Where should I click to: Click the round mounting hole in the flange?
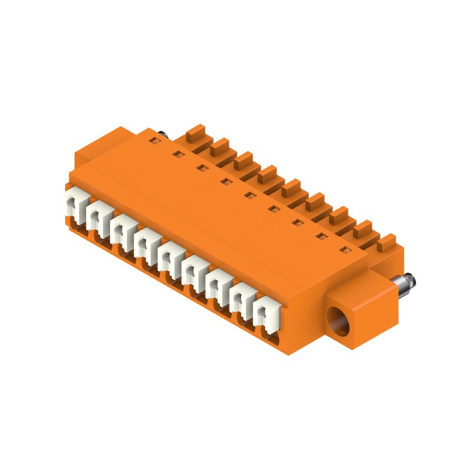point(338,322)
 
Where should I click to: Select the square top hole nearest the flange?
point(344,250)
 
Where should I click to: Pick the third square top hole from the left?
point(202,168)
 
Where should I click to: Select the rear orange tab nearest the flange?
point(386,242)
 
